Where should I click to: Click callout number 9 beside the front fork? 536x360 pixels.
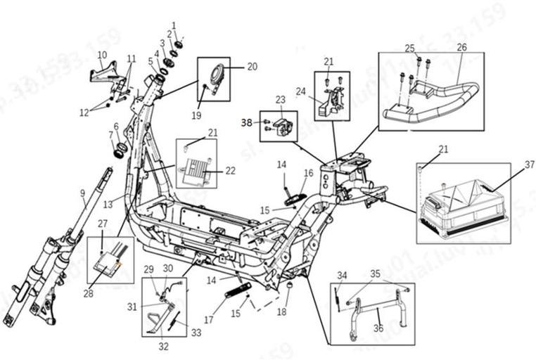click(x=83, y=192)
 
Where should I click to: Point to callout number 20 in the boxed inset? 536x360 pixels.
click(x=251, y=67)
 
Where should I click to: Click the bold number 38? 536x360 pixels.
click(x=246, y=122)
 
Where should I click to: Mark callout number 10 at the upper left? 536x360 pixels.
click(x=102, y=55)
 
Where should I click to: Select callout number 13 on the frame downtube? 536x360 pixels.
click(x=108, y=204)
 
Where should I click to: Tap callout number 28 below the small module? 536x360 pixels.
click(x=88, y=293)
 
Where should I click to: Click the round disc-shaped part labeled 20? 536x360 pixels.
click(x=218, y=74)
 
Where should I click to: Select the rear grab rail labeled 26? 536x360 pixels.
click(x=436, y=98)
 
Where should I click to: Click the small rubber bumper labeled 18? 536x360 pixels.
click(x=288, y=290)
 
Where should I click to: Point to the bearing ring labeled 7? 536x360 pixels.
click(x=117, y=150)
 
